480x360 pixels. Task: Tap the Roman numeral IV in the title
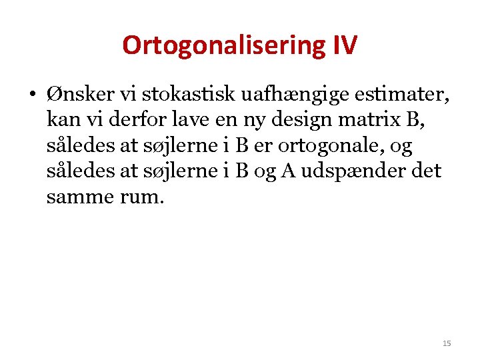tap(344, 45)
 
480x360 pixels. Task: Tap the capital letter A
tap(289, 171)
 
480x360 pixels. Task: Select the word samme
tap(78, 198)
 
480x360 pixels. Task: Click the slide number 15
tap(446, 343)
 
